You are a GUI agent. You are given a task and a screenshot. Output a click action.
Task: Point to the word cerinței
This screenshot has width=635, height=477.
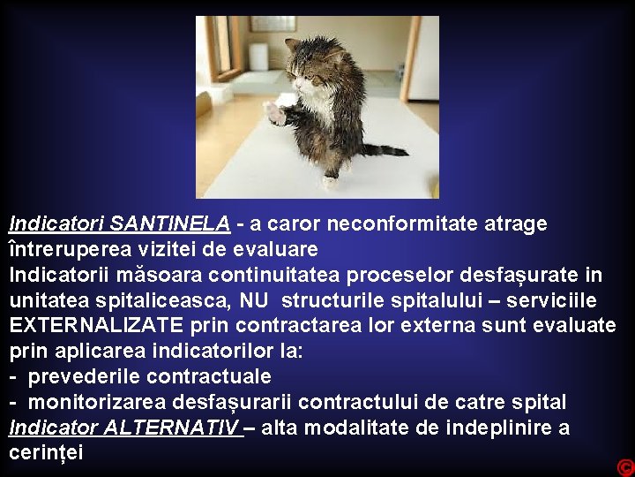(46, 453)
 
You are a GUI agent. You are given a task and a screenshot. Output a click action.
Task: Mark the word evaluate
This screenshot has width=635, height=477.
(577, 326)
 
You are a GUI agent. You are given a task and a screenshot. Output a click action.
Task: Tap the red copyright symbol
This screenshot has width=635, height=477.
(625, 467)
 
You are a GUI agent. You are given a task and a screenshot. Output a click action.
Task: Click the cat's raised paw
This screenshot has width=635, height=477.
(274, 113)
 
